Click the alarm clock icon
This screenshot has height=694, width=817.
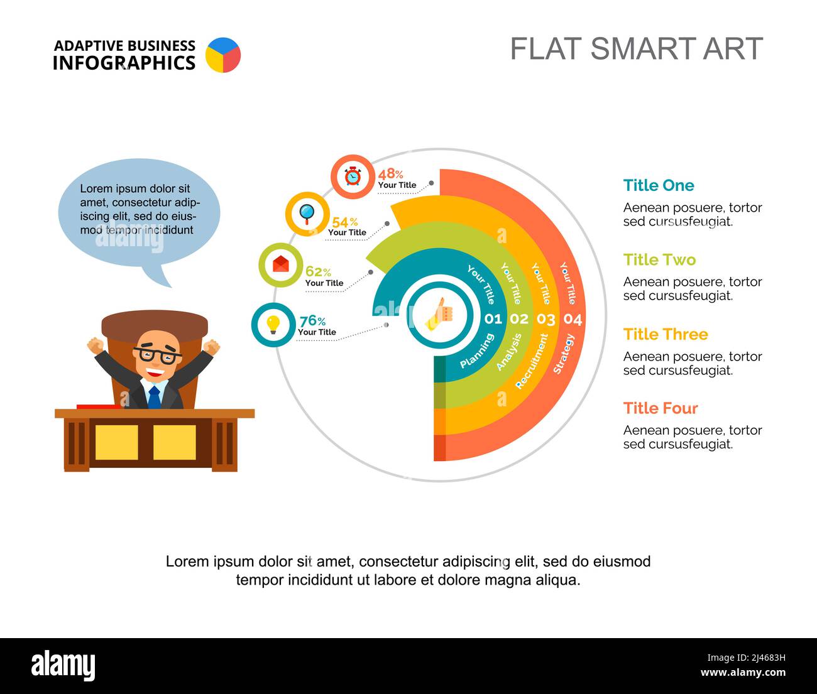(353, 176)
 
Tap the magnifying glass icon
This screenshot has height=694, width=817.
(307, 214)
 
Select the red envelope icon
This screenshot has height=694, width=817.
(281, 264)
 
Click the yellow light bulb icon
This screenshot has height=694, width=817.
(273, 325)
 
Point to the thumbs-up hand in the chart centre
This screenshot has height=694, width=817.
(439, 315)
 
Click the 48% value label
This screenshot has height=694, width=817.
(390, 174)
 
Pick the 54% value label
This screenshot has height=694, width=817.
(344, 222)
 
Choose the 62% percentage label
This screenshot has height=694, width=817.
(318, 272)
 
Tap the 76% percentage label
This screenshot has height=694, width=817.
(312, 321)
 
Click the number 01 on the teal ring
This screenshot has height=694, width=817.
(493, 318)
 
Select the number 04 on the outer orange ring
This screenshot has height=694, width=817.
(573, 319)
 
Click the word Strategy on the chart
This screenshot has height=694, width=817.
(564, 354)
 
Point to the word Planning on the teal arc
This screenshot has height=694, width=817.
(477, 350)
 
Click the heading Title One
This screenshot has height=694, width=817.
(659, 185)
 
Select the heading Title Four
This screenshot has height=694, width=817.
(661, 408)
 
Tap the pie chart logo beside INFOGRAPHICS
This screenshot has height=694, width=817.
(223, 55)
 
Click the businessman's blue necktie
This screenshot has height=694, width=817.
(154, 397)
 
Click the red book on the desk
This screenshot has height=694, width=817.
(99, 406)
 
